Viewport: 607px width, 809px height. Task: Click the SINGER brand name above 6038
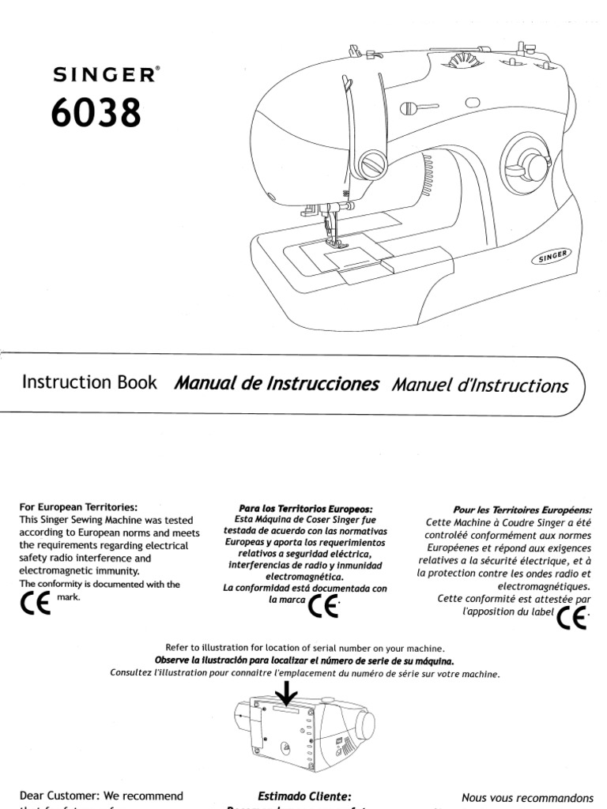104,75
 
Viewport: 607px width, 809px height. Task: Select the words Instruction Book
89,383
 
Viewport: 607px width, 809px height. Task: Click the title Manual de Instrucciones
277,385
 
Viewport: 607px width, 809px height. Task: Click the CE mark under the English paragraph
32,604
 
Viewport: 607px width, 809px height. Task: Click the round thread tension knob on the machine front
371,164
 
